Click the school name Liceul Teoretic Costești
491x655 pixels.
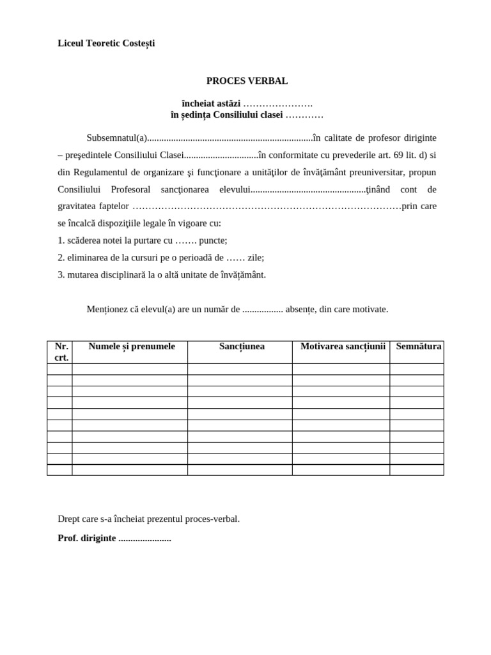(106, 43)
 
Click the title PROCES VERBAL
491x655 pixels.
(247, 81)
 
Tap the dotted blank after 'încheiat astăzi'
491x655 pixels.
(277, 104)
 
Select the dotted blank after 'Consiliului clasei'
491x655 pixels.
(304, 115)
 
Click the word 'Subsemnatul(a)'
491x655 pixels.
(117, 138)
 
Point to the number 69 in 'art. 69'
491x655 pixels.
(398, 155)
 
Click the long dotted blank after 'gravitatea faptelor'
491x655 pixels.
(267, 207)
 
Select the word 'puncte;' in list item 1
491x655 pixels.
(213, 241)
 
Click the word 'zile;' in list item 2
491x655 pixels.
(256, 258)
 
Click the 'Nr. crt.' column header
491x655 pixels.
(61, 352)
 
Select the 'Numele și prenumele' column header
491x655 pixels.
(131, 347)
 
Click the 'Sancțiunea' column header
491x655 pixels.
(242, 347)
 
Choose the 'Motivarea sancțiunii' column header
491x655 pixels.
(343, 347)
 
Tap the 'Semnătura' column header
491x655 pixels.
(418, 347)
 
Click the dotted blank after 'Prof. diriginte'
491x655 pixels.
(144, 539)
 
